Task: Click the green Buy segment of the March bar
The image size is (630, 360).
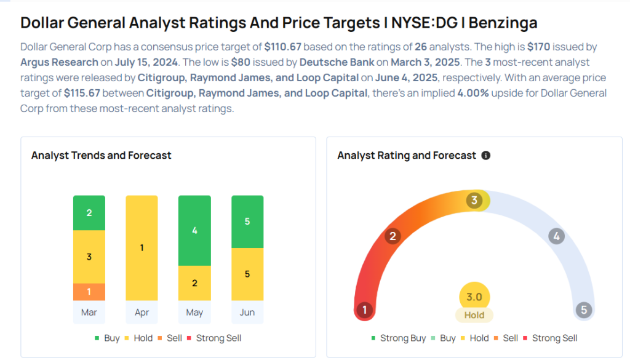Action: (89, 213)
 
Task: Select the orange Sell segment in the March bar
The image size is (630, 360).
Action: (89, 292)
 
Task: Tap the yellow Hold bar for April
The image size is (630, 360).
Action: (142, 248)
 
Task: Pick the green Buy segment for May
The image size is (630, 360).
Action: (194, 231)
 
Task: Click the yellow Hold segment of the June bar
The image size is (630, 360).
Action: (247, 274)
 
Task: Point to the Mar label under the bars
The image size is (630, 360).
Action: (89, 313)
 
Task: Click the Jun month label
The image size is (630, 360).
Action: (247, 313)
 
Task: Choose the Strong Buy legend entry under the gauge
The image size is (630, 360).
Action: (400, 338)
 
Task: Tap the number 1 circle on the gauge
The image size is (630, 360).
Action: (365, 310)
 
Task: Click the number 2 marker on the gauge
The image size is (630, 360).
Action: (393, 236)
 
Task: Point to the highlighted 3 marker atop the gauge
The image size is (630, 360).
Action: (474, 201)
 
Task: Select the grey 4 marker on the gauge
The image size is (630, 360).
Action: (556, 236)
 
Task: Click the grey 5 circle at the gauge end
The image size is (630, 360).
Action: (584, 310)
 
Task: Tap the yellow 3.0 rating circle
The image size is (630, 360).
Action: (474, 297)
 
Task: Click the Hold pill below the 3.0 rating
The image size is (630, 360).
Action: (474, 315)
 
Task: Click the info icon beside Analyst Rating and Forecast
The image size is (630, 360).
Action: (486, 156)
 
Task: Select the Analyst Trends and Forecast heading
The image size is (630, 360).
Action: (102, 155)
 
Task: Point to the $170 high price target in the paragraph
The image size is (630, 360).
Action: (538, 47)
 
